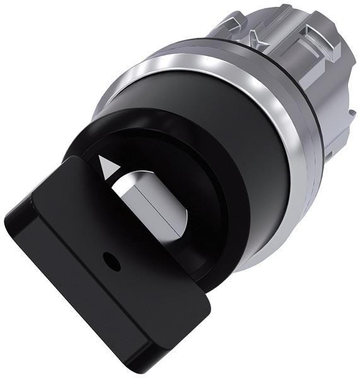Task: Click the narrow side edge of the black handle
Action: click(76, 296)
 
